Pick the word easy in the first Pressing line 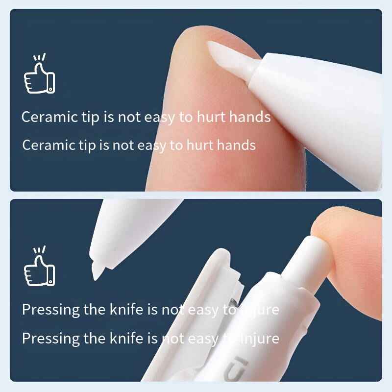[201, 310]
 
